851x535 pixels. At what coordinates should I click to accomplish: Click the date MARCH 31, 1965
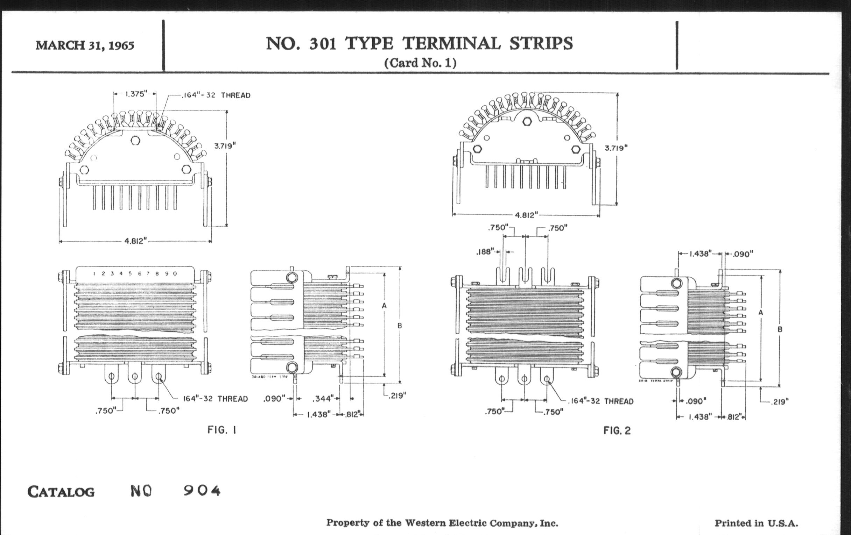(85, 45)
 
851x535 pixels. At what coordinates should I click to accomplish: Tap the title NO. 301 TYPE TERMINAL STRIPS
(419, 44)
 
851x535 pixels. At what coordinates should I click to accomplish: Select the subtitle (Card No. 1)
(420, 63)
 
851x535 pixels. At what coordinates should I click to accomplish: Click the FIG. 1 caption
(222, 430)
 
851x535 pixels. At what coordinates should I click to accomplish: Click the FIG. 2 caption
(617, 430)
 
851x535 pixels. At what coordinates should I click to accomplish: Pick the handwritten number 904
(202, 491)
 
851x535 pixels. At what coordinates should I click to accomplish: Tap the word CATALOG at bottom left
(61, 492)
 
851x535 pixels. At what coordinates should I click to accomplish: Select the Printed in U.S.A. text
(756, 523)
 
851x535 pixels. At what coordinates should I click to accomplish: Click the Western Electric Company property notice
(442, 523)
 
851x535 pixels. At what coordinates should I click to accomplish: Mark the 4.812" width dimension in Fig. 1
(135, 241)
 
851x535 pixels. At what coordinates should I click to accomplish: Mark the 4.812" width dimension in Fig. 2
(526, 215)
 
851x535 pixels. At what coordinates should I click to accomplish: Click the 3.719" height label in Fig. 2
(616, 148)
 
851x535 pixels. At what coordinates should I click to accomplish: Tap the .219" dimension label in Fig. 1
(397, 395)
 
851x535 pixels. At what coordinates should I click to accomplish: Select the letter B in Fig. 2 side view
(780, 329)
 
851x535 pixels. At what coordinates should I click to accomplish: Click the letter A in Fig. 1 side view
(384, 306)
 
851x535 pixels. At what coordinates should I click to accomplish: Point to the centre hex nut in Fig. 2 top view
(527, 121)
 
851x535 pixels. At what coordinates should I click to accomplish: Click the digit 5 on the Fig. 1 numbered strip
(130, 273)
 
